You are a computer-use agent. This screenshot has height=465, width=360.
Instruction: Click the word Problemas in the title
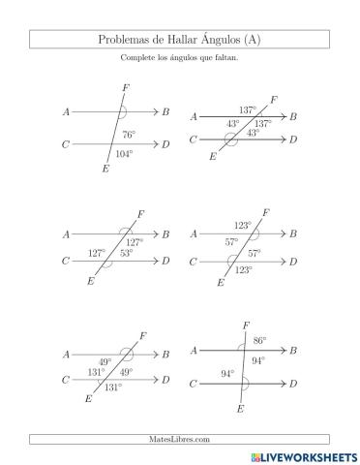(122, 39)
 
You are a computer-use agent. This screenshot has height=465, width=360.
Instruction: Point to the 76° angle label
(128, 135)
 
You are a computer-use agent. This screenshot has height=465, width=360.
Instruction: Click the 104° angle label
(123, 153)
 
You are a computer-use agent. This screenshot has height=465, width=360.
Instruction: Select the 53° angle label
(127, 254)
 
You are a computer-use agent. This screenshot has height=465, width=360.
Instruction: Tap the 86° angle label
(259, 340)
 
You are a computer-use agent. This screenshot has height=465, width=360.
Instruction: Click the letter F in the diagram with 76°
(126, 88)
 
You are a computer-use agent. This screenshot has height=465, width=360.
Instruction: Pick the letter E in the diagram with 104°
(105, 170)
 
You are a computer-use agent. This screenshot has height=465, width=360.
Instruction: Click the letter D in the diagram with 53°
(166, 261)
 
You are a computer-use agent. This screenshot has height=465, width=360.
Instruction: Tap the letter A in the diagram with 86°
(195, 350)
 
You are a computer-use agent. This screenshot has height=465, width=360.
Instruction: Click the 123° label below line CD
(244, 270)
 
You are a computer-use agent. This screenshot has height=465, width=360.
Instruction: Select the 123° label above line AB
(242, 225)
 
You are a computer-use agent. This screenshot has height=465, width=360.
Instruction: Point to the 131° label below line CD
(113, 387)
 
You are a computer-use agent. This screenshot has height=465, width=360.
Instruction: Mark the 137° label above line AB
(248, 109)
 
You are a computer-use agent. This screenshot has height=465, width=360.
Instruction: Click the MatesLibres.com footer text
(179, 439)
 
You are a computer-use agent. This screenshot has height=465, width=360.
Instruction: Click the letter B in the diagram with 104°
(166, 112)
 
